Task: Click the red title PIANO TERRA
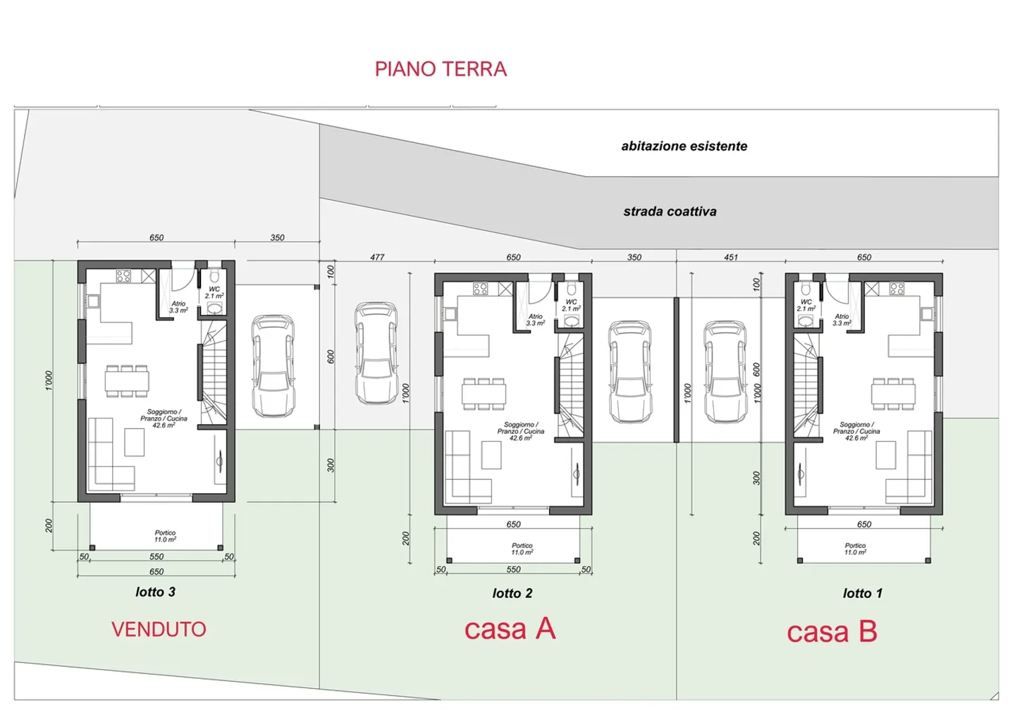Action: coord(441,69)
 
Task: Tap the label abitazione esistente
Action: coord(684,146)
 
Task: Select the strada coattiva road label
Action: coord(670,211)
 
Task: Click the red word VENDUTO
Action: coord(159,629)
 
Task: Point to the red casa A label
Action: coord(510,628)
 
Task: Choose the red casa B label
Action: coord(832,632)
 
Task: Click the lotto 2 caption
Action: coord(512,594)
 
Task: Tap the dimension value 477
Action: coord(377,257)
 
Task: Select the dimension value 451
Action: coord(731,257)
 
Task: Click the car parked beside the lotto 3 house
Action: coord(273,366)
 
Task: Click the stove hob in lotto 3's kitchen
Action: coord(123,276)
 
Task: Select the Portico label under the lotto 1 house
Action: coord(855,549)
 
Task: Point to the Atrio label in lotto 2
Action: coord(536,320)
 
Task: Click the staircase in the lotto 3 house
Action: coord(214,373)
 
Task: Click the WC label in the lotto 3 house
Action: coord(214,292)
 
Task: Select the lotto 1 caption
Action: coord(862,594)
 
